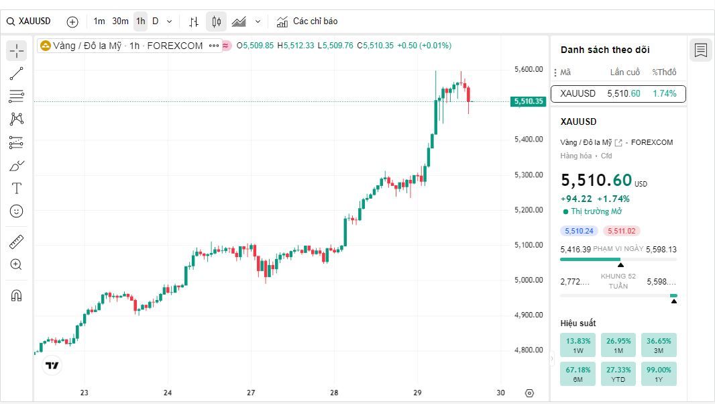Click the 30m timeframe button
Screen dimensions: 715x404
[120, 21]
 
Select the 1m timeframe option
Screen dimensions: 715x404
[99, 21]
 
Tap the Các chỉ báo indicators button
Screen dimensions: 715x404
[307, 21]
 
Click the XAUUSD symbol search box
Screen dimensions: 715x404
[29, 21]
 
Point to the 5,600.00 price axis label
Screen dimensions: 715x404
[529, 69]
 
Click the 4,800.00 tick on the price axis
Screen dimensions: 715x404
[529, 350]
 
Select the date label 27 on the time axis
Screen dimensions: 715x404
[251, 393]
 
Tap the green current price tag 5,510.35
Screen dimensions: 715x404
[528, 101]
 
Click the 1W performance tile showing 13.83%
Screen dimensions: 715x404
[577, 345]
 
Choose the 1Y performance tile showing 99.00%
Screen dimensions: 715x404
[659, 374]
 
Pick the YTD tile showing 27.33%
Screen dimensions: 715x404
[618, 374]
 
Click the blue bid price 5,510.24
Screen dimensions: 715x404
[579, 231]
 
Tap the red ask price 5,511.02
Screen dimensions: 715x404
[622, 231]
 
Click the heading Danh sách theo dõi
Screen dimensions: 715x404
[605, 50]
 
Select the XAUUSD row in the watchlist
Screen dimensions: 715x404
[618, 93]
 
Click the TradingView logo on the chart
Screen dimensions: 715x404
[52, 365]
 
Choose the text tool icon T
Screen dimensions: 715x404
[16, 188]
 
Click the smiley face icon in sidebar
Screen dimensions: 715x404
[16, 211]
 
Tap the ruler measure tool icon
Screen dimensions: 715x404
[16, 242]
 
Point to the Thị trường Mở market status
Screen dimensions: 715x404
[592, 211]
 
